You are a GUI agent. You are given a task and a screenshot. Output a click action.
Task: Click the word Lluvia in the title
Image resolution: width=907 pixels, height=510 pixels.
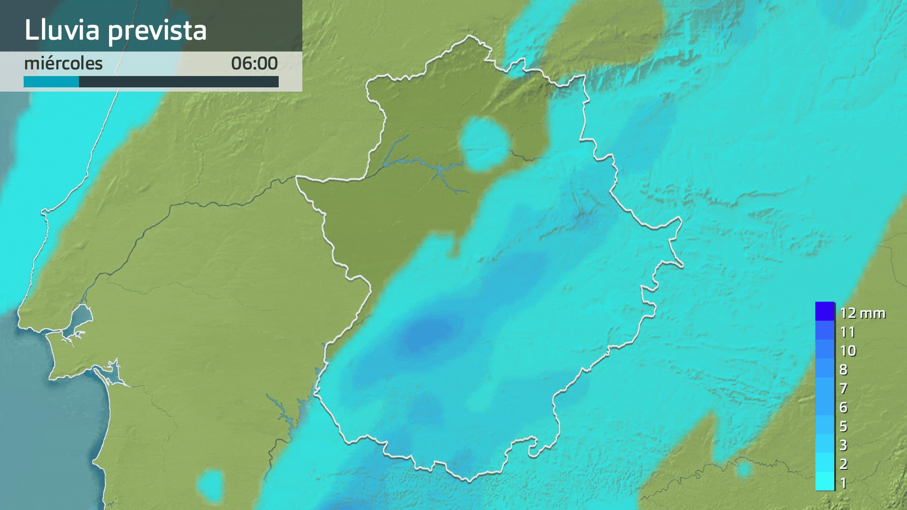coord(62,30)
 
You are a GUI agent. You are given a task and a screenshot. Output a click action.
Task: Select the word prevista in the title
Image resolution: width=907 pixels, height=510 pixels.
coord(157,31)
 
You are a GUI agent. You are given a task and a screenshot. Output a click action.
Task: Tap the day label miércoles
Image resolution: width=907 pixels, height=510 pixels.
coord(63,63)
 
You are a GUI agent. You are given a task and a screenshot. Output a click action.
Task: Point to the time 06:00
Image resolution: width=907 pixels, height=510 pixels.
coord(254,63)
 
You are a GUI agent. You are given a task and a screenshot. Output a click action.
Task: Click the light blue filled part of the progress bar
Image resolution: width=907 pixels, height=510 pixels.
coord(51,82)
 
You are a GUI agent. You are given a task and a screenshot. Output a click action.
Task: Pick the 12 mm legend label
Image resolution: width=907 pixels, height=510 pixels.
coord(862,313)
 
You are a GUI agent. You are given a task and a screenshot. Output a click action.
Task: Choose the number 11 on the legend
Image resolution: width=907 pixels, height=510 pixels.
coord(847,332)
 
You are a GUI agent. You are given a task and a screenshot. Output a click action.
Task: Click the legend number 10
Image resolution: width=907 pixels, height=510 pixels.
coord(848,351)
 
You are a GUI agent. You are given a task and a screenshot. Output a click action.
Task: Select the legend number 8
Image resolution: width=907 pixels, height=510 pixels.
coord(843,370)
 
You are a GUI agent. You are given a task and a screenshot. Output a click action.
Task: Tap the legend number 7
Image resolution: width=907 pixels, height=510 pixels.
coord(843,389)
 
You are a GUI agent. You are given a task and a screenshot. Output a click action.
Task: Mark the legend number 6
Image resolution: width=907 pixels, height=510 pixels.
coord(843,408)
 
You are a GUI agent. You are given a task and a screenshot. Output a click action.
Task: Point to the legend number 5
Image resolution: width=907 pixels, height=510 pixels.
coord(843,426)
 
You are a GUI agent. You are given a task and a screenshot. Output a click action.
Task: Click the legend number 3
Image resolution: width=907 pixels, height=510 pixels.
coord(843,445)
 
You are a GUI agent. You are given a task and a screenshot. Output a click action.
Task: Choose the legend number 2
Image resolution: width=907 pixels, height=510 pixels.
coord(843,464)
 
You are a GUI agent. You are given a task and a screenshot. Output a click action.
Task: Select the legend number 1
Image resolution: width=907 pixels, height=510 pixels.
coord(843,483)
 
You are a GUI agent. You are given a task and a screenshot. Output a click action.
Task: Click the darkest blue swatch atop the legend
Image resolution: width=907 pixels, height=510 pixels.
coord(825,311)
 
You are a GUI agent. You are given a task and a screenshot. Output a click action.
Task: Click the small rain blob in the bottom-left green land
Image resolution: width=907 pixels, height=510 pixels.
coord(211,484)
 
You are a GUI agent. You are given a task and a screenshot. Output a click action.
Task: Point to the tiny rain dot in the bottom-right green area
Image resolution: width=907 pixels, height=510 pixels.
coord(744,469)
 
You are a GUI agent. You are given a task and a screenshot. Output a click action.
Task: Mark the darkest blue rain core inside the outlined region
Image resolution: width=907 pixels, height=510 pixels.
coord(425,333)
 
